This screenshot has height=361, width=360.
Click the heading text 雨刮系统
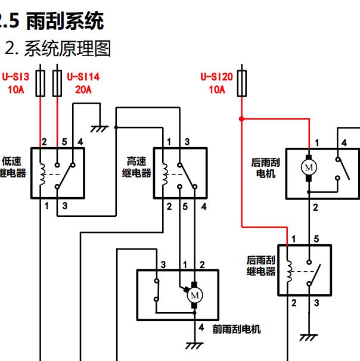coord(66,21)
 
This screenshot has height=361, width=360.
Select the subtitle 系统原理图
coord(67,48)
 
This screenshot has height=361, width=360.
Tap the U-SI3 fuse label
coord(16,76)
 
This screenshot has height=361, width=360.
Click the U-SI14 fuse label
coord(83,76)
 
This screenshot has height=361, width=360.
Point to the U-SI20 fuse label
coord(216,76)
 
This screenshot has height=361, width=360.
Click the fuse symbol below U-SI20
coord(242,83)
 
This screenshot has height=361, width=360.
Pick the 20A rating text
coord(83,90)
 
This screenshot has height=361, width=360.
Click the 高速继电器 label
coord(136,167)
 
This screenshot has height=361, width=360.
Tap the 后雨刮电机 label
coord(266,168)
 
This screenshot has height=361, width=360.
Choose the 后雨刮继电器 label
coord(261,266)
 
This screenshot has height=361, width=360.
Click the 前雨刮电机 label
coord(237,329)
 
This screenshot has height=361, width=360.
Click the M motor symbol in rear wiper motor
coord(309,167)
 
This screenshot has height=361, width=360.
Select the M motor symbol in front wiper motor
coord(194,294)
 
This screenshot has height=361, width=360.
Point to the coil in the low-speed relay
coord(41,173)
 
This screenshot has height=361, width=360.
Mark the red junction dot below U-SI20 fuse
coord(241,119)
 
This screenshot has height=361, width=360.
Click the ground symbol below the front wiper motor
coord(194,345)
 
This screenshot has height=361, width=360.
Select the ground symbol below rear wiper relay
coord(308,337)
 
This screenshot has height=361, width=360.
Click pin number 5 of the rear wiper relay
coord(316,239)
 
